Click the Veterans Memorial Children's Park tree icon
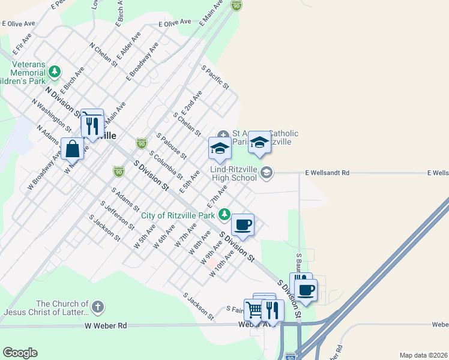(x=55, y=72)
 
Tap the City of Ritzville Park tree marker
(x=224, y=214)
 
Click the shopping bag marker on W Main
(x=72, y=148)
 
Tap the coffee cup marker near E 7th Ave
(x=243, y=224)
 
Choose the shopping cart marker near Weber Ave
(x=255, y=310)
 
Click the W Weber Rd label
(x=106, y=325)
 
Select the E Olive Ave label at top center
(x=174, y=22)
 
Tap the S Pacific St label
(x=215, y=77)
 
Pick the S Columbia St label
(x=166, y=165)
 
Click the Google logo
(x=20, y=353)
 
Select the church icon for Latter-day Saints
(x=98, y=308)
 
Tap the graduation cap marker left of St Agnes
(x=220, y=148)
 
